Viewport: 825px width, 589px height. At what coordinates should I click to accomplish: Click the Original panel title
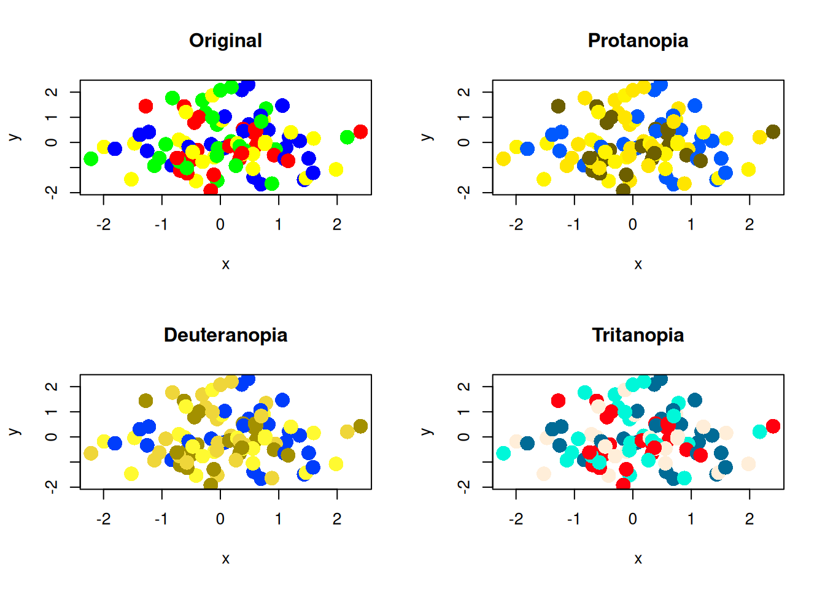(x=225, y=40)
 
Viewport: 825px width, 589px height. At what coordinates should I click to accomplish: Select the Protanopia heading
(x=638, y=40)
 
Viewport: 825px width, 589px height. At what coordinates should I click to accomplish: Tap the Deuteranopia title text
(x=225, y=335)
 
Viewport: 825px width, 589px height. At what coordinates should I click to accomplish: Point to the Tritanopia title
(x=638, y=335)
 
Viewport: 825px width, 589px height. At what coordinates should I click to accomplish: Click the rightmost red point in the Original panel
(x=360, y=131)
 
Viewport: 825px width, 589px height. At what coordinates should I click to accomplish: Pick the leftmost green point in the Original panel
(x=91, y=159)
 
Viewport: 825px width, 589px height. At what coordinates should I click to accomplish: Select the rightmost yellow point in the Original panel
(x=336, y=169)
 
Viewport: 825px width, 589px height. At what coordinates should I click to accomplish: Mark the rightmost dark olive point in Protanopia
(x=773, y=131)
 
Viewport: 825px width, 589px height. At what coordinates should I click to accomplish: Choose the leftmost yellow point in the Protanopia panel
(x=503, y=159)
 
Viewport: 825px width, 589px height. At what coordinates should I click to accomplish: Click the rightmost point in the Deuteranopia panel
(x=360, y=426)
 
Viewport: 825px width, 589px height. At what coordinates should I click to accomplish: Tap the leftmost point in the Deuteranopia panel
(x=91, y=453)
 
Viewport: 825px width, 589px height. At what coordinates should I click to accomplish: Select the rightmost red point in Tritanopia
(x=773, y=426)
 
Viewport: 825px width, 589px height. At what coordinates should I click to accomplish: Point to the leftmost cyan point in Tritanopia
(x=503, y=453)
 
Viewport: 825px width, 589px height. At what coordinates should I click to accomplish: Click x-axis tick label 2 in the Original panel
(x=337, y=225)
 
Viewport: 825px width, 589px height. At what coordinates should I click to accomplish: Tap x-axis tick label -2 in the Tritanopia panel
(x=516, y=519)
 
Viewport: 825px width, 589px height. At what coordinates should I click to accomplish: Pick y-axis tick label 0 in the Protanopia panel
(x=465, y=142)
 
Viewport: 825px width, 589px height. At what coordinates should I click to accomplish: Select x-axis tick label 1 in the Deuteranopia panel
(x=279, y=519)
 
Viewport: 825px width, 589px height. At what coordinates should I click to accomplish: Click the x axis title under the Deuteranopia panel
(x=225, y=559)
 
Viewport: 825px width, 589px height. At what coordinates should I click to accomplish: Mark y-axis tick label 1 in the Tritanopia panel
(x=465, y=412)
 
